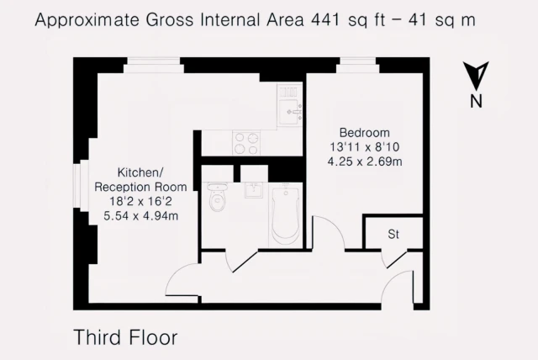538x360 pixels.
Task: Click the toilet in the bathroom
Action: coord(218,197)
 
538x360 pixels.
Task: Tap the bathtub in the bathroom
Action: coord(286,214)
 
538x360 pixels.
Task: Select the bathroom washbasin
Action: coord(254,190)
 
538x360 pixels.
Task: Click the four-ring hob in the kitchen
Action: coord(246,143)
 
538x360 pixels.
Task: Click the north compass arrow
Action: coord(476,76)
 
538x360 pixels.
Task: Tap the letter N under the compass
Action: coord(476,101)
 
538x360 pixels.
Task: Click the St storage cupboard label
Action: coord(393,234)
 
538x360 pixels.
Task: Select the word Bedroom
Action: coord(364,132)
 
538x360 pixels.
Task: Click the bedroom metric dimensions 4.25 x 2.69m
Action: coord(365,161)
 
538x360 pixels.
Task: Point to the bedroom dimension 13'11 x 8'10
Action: coord(365,147)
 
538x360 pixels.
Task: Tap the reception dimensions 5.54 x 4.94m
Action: coord(140,216)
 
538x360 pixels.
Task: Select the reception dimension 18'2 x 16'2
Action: coord(140,201)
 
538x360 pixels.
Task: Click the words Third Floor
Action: coord(125,337)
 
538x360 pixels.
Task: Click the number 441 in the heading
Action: coord(325,20)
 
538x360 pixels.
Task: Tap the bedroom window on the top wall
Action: coord(358,66)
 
